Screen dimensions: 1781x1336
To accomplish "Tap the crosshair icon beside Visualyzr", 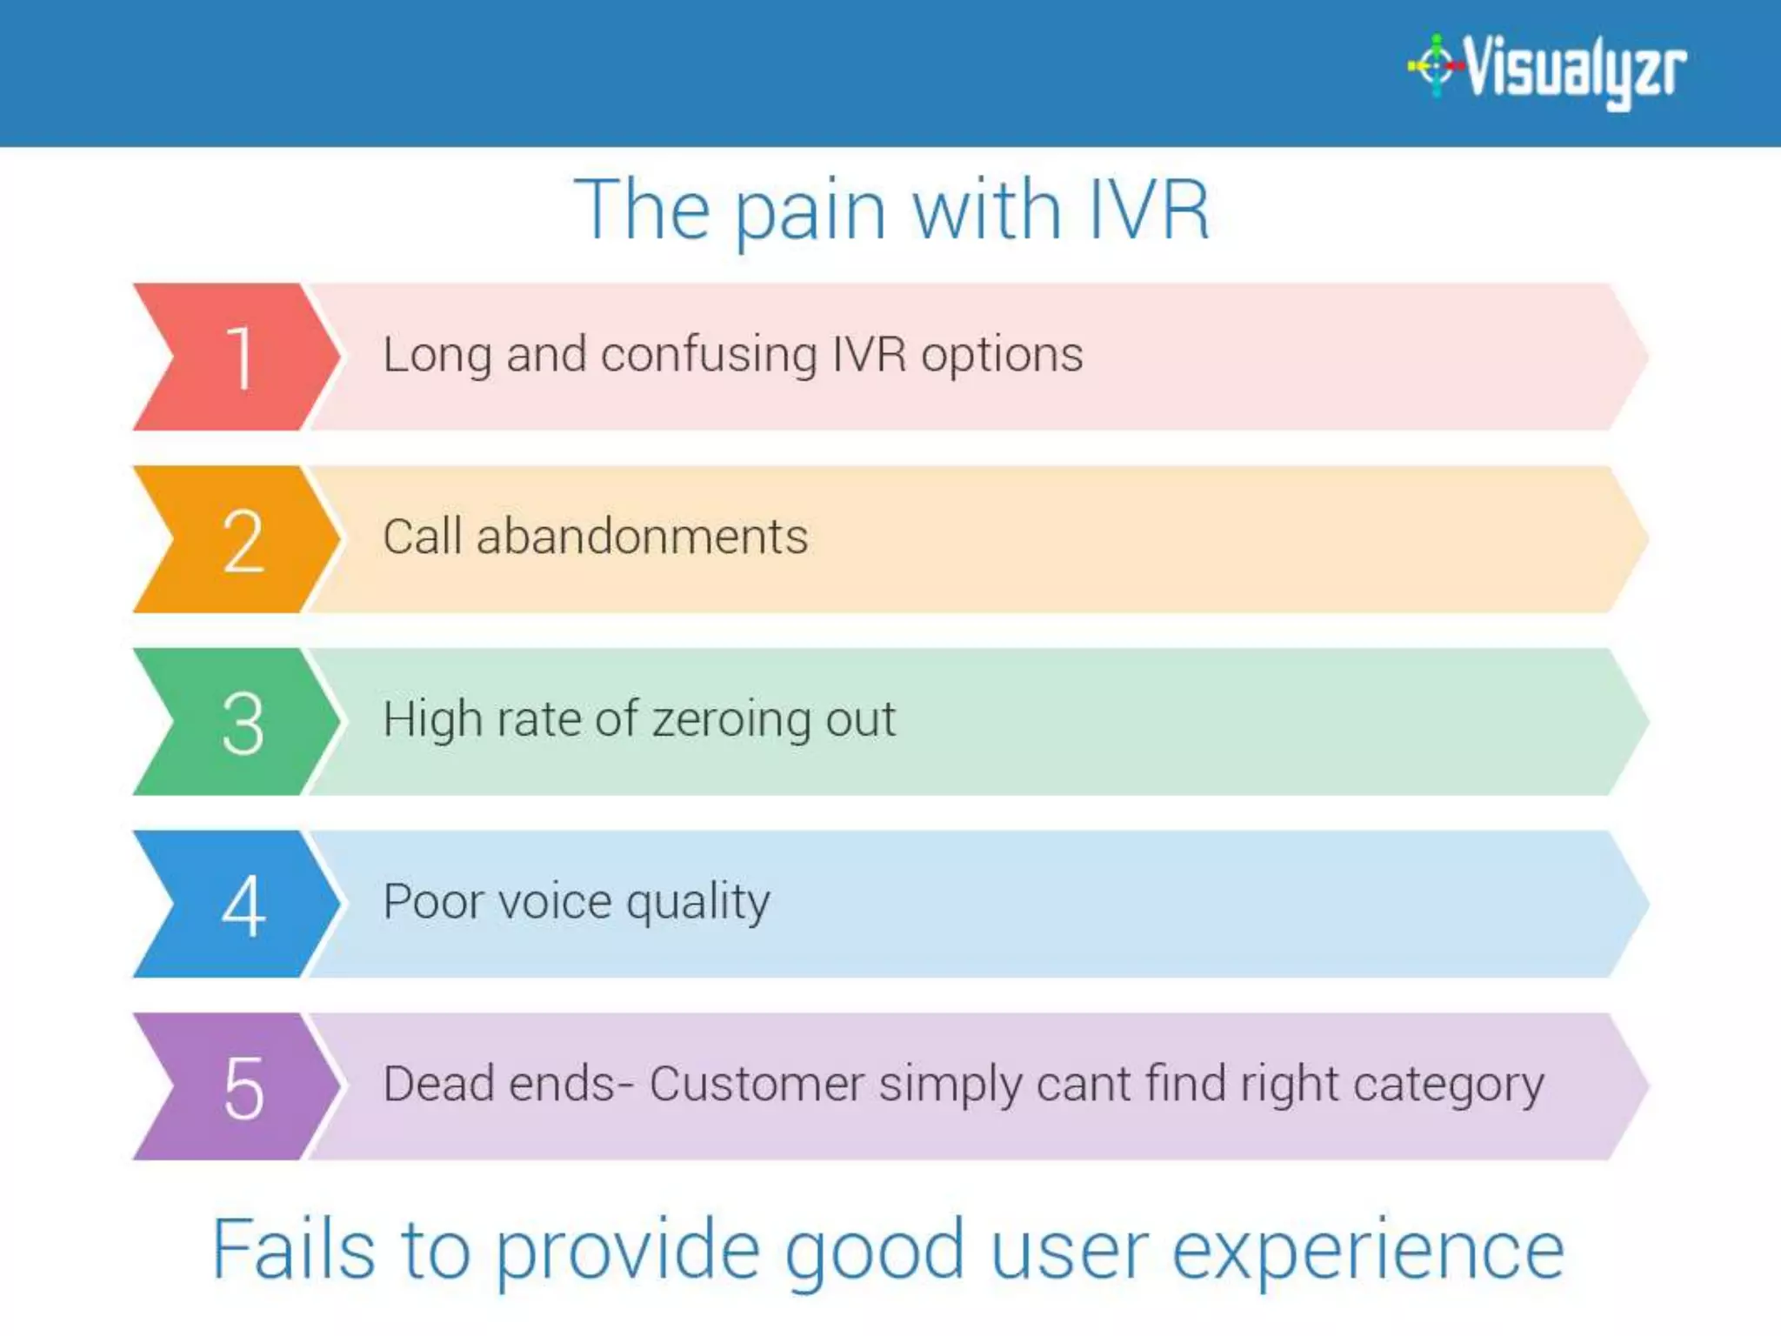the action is (1436, 65).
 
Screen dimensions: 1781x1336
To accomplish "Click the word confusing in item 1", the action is (709, 356).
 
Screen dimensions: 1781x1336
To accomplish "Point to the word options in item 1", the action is (1002, 356).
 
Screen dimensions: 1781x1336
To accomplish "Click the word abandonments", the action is (642, 537).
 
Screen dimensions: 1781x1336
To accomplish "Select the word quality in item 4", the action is (698, 903).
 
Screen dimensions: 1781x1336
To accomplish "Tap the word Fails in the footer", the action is (294, 1250).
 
